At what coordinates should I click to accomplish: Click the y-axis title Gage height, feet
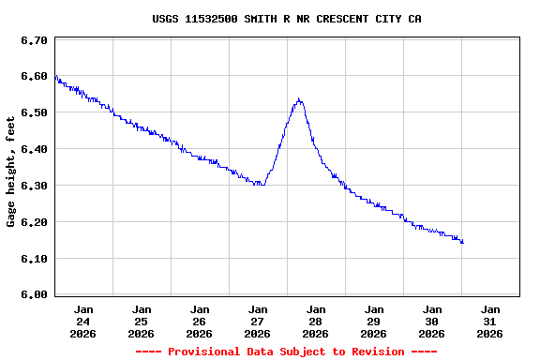tap(11, 172)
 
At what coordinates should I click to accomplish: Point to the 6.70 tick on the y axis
tap(34, 40)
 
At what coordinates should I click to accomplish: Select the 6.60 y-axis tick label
tap(34, 77)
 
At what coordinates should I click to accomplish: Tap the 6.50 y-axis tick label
tap(34, 113)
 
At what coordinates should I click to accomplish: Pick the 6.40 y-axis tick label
tap(34, 150)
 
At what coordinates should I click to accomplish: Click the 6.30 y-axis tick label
tap(34, 187)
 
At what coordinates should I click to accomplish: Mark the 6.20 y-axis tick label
tap(34, 223)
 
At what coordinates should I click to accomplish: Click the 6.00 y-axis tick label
tap(34, 295)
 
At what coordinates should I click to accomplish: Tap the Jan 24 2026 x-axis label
tap(83, 321)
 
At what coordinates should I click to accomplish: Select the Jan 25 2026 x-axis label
tap(142, 321)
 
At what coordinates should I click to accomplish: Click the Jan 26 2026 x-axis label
tap(200, 321)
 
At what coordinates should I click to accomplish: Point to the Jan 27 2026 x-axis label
tap(258, 321)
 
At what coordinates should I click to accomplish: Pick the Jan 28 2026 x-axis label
tap(316, 321)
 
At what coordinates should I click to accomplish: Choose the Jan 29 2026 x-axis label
tap(374, 321)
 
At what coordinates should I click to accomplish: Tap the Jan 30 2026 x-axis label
tap(432, 321)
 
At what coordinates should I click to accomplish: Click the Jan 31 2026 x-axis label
tap(490, 321)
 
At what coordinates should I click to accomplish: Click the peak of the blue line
tap(298, 98)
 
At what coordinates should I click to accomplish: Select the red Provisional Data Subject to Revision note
tap(286, 352)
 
